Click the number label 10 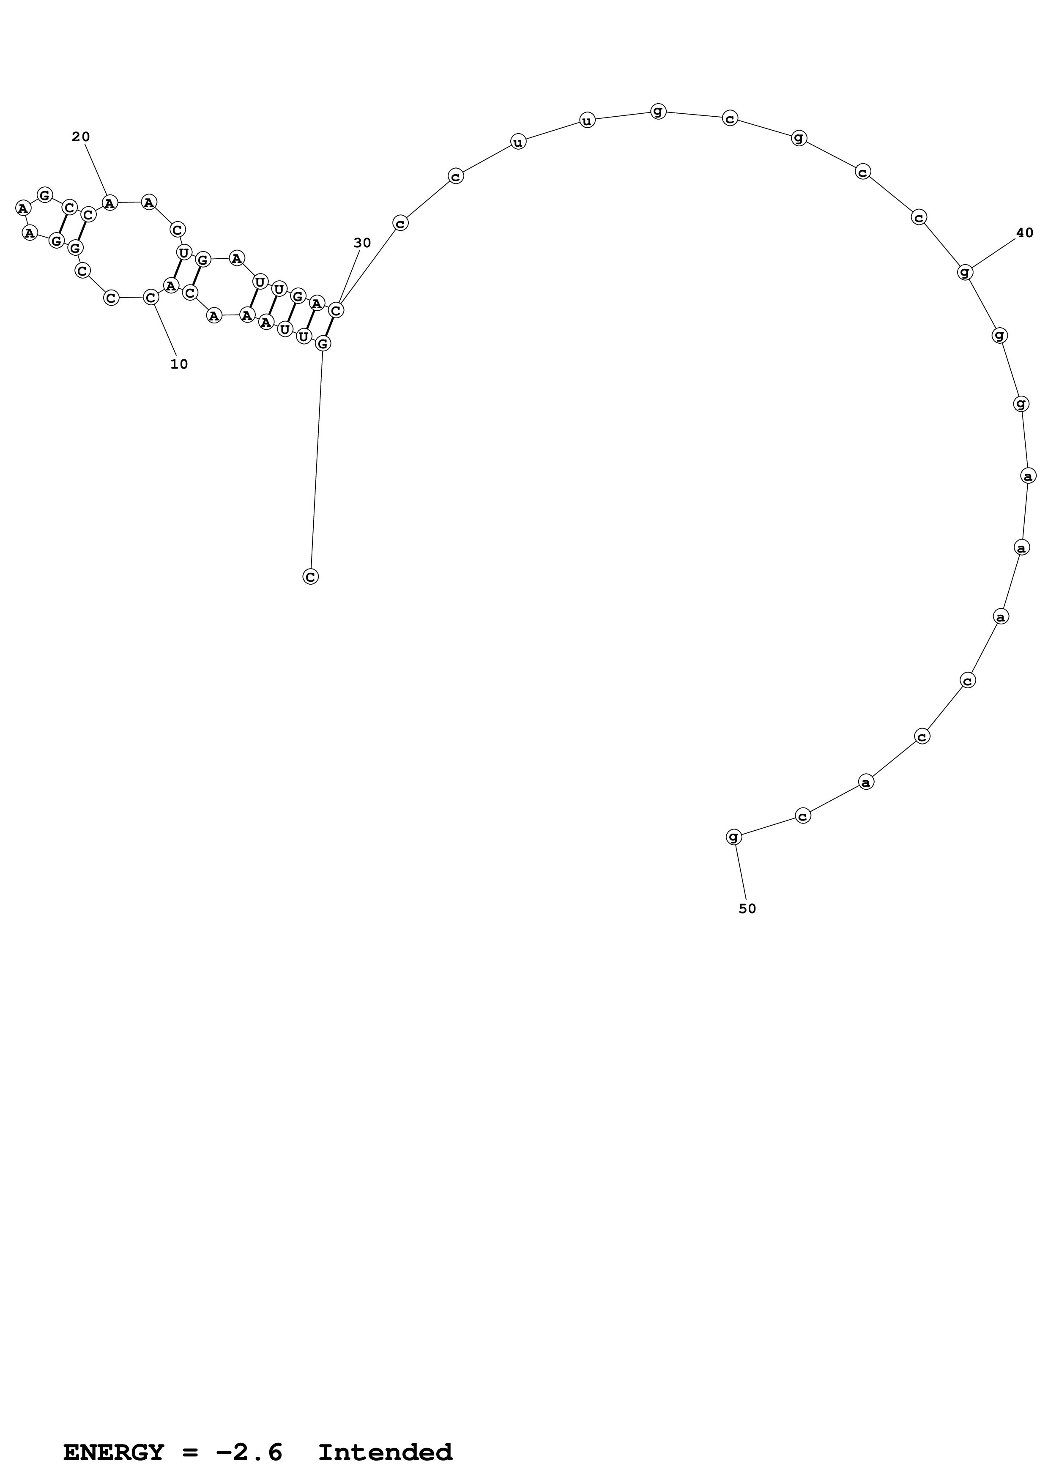point(179,364)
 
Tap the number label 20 point(81,137)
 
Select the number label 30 point(362,243)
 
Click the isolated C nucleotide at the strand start point(311,576)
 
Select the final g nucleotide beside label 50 point(733,837)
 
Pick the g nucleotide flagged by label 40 point(965,272)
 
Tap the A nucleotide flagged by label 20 point(110,203)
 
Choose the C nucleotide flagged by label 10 point(150,298)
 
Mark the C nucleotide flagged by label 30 point(336,311)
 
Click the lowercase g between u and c point(658,111)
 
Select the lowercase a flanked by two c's point(866,782)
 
